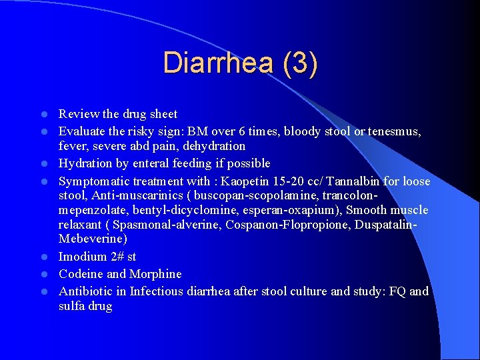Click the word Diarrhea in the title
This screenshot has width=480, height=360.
(217, 63)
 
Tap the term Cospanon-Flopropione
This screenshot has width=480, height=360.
(284, 225)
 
